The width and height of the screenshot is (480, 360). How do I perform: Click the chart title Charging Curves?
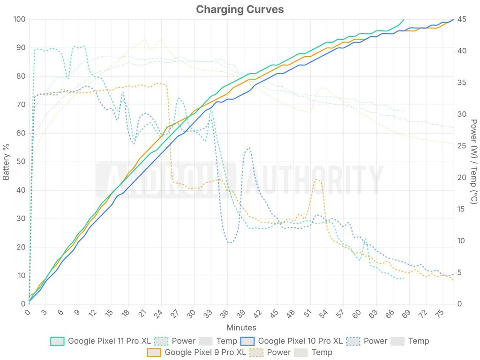tap(240, 9)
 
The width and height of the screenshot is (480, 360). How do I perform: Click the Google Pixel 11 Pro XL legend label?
tap(109, 341)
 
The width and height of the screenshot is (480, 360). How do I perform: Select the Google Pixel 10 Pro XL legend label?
tap(300, 341)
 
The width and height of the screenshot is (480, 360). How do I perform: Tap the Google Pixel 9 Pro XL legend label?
tap(205, 352)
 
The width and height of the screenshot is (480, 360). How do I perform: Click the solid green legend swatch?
tap(57, 341)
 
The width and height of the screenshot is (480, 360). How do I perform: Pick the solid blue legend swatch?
tap(247, 341)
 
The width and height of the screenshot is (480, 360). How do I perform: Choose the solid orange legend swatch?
tap(154, 352)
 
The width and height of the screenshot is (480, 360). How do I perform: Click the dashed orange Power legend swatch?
tap(256, 352)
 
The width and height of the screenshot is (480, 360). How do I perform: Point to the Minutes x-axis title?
tap(241, 328)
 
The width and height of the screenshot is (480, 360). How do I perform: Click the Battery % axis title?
tap(6, 162)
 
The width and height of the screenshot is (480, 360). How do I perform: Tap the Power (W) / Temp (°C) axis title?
tap(473, 161)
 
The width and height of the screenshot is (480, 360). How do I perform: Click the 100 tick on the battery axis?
tap(19, 19)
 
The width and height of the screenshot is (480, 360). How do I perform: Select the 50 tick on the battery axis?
tap(21, 162)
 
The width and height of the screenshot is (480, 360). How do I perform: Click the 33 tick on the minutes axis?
tap(208, 314)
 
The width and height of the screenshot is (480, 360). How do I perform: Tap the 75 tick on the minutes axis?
tap(439, 314)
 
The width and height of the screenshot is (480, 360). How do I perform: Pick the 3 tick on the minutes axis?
tap(45, 312)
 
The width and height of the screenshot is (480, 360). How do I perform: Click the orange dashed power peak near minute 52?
tap(317, 180)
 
